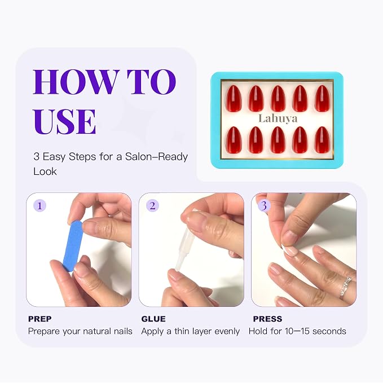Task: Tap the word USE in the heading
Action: pos(64,121)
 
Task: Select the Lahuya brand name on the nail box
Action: pos(278,118)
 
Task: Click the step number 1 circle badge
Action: pos(39,205)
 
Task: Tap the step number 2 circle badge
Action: pos(152,205)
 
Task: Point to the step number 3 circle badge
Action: pos(264,205)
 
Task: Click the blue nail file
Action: pos(72,246)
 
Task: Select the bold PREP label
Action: pos(40,319)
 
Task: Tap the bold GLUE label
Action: pos(153,319)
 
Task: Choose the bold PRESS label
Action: pos(267,319)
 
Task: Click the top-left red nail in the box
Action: pos(234,99)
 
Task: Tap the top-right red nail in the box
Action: pos(323,99)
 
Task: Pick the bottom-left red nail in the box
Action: pos(234,140)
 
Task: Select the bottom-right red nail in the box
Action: pos(323,140)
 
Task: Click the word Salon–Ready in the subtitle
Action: pos(156,157)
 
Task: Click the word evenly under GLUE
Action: pos(227,332)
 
